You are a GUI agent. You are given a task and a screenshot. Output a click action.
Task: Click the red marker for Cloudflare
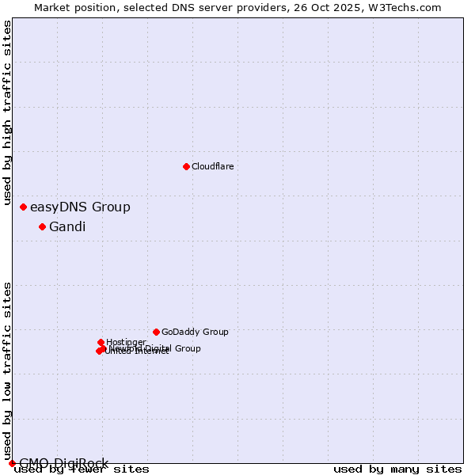coord(186,166)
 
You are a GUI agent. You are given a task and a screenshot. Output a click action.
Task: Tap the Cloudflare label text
coord(212,166)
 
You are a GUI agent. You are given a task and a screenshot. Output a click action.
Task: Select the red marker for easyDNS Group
coord(23,207)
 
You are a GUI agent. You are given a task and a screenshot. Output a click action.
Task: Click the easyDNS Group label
coord(80,207)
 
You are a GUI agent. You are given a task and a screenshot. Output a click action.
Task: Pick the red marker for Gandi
coord(42,226)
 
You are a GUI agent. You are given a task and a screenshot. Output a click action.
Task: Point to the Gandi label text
coord(67,227)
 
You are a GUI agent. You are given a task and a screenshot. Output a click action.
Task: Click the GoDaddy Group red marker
coord(156,332)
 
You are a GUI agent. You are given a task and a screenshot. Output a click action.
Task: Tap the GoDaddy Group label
coord(195,332)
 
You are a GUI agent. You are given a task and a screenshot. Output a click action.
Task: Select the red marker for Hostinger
coord(101,342)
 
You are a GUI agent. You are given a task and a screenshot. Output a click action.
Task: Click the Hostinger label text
coord(126,342)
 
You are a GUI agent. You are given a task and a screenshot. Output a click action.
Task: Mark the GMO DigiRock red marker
coord(12,463)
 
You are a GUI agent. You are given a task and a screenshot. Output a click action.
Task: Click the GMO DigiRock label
coord(63,463)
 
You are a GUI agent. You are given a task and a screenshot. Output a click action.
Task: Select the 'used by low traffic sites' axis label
coord(8,370)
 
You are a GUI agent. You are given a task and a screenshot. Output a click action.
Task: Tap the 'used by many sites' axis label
coord(397,469)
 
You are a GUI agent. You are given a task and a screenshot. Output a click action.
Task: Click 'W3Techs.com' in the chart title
coord(409,7)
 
